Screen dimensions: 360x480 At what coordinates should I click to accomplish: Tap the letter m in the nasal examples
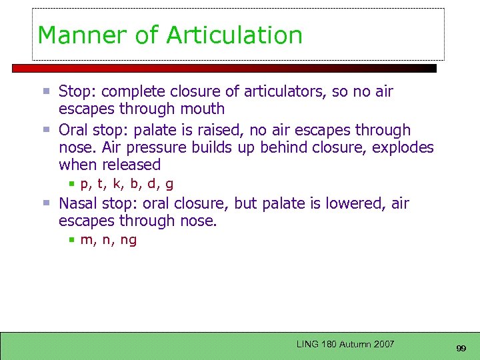[86, 241]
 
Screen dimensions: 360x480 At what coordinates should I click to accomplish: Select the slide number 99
[461, 349]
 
